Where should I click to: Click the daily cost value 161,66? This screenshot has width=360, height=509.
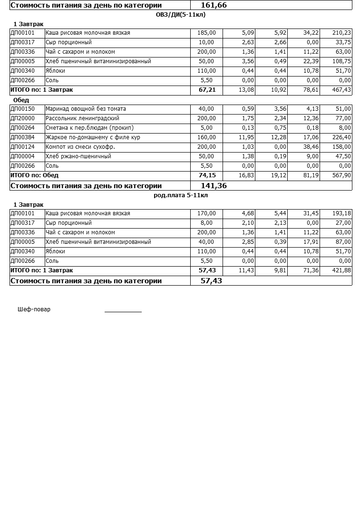(x=214, y=5)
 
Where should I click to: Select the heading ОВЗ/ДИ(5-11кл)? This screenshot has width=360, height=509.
(x=181, y=15)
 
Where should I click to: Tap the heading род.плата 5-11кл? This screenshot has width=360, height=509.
(x=181, y=195)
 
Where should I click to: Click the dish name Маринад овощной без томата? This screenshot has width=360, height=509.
(x=86, y=109)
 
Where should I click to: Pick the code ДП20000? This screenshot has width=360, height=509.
(x=22, y=118)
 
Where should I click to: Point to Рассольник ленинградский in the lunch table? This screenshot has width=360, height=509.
(x=82, y=118)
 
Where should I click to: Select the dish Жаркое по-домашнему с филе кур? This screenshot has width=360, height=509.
(x=93, y=137)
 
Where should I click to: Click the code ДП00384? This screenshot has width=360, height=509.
(x=22, y=137)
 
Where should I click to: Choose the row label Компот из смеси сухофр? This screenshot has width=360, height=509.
(x=80, y=147)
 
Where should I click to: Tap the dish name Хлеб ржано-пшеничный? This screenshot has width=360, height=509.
(x=78, y=156)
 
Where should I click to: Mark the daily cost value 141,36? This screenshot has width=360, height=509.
(x=214, y=186)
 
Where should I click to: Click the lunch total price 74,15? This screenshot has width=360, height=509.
(x=207, y=175)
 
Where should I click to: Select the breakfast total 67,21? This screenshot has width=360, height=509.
(x=207, y=90)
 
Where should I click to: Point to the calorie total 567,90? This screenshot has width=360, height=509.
(x=341, y=175)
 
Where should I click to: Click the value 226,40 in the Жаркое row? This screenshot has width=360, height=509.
(x=341, y=137)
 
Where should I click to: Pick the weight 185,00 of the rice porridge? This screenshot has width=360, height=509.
(x=206, y=33)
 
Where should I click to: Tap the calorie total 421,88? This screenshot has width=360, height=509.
(x=341, y=270)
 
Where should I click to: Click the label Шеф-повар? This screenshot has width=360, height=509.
(x=34, y=309)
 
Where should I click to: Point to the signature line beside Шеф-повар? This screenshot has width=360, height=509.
(x=123, y=311)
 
